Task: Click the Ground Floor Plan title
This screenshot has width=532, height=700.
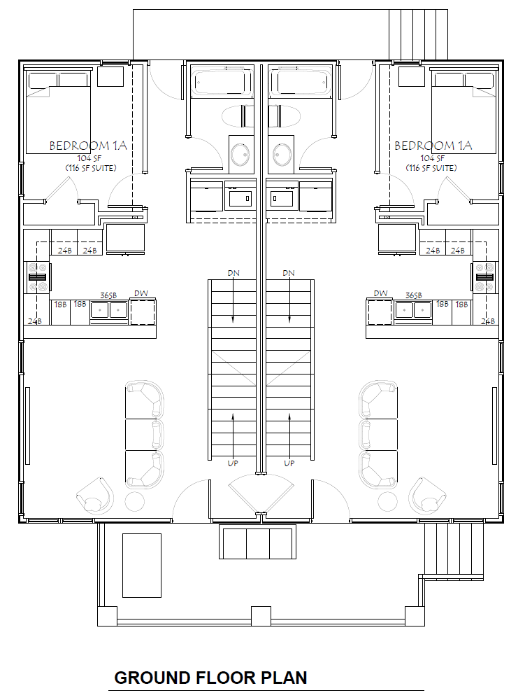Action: click(x=210, y=678)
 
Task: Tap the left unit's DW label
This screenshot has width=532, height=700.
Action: click(x=141, y=293)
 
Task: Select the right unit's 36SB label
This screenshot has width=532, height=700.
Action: click(x=413, y=295)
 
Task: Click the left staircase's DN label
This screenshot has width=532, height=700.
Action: click(x=233, y=273)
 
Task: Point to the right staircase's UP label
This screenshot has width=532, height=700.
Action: click(x=289, y=463)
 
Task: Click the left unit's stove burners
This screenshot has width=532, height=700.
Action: click(x=38, y=276)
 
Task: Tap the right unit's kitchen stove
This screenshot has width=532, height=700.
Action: click(x=484, y=276)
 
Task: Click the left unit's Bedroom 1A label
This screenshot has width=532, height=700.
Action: click(x=88, y=146)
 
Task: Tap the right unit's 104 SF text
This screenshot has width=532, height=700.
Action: click(x=432, y=158)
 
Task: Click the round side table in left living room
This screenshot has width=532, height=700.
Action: click(x=135, y=501)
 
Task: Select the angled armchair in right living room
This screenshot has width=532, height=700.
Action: click(x=427, y=496)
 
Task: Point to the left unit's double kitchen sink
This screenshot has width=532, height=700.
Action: click(x=109, y=310)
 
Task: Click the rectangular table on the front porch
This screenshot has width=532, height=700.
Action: click(x=142, y=565)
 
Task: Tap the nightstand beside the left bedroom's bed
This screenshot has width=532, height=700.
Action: click(x=110, y=76)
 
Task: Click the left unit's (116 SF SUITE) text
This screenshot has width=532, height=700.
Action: click(x=91, y=168)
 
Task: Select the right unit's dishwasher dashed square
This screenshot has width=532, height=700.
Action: click(x=379, y=311)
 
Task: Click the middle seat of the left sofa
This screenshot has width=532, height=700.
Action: click(x=143, y=435)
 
